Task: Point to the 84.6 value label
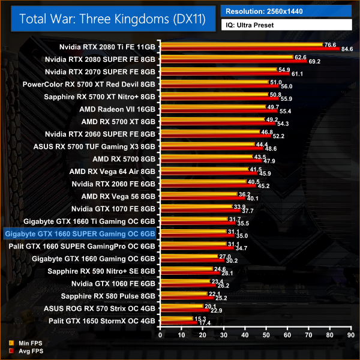click(x=347, y=49)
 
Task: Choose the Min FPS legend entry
click(x=22, y=344)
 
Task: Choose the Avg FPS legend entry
click(x=22, y=351)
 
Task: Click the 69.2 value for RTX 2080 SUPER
click(x=314, y=62)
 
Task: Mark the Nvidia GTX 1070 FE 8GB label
click(x=113, y=208)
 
